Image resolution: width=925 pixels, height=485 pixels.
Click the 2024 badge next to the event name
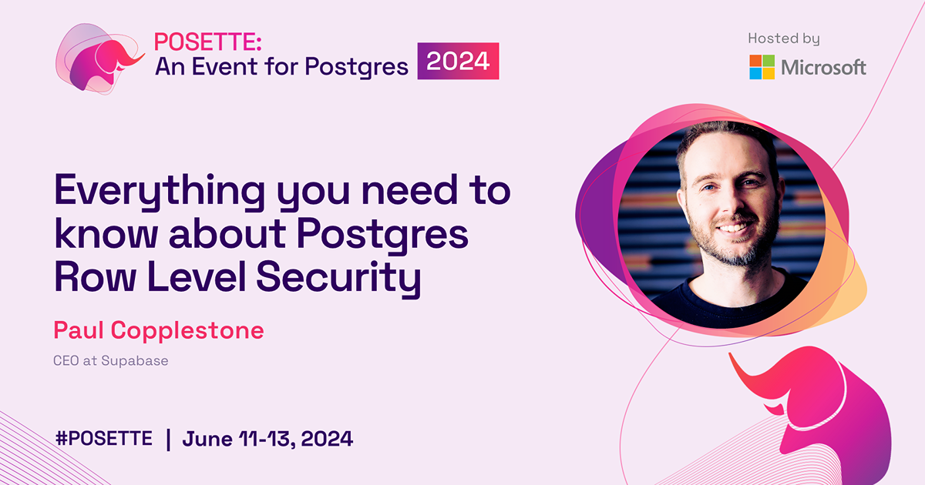click(x=458, y=61)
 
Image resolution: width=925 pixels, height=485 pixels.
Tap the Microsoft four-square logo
click(x=762, y=67)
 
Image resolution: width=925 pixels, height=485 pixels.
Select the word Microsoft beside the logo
click(x=823, y=68)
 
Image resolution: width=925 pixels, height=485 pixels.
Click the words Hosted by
click(x=783, y=38)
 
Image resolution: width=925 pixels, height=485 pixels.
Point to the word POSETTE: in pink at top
click(x=200, y=43)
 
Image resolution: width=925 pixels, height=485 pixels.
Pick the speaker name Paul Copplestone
click(x=159, y=331)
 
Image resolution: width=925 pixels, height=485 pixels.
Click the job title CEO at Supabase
click(x=111, y=360)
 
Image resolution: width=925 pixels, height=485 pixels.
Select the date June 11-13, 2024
click(x=267, y=440)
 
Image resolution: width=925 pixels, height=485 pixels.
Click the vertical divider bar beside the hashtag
click(x=168, y=440)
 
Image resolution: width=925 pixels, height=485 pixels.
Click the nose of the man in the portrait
click(x=730, y=208)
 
